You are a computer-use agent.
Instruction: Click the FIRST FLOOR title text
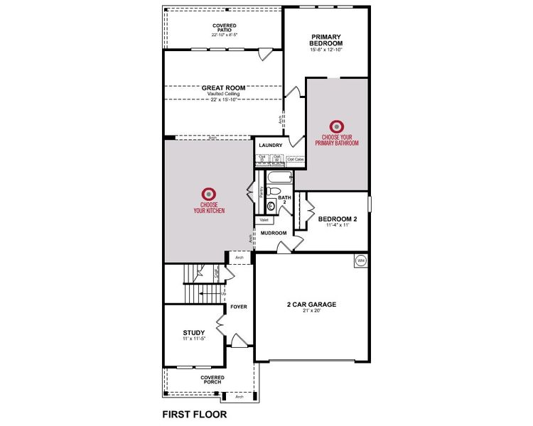pos(194,413)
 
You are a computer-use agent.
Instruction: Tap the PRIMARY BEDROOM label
pos(326,40)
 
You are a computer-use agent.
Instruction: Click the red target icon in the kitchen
pos(208,193)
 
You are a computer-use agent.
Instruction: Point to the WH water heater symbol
pos(360,261)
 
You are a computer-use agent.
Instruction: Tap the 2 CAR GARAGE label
pos(311,304)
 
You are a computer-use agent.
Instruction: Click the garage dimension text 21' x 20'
pos(311,311)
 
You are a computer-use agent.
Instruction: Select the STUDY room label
pos(193,332)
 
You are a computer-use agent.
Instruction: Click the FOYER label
pos(239,307)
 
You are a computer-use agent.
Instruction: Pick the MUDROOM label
pos(273,233)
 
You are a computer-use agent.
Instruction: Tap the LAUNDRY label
pos(271,146)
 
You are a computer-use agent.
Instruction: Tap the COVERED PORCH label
pos(212,381)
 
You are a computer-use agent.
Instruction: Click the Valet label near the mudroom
pos(264,220)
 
